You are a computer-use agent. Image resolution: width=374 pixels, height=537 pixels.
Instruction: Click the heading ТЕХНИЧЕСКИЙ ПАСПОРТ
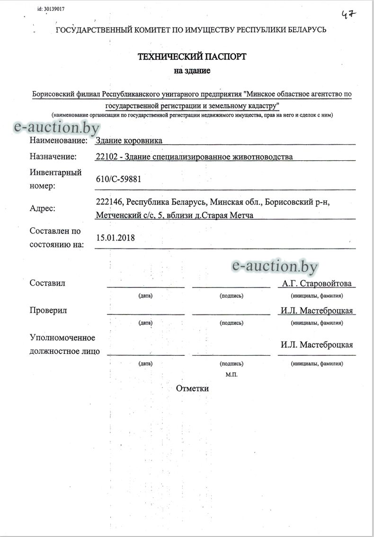192,56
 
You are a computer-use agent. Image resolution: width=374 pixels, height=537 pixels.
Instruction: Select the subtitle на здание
192,71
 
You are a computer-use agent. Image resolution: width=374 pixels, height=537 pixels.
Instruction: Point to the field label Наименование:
58,140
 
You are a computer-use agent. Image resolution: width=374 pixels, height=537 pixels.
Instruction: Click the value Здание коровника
129,140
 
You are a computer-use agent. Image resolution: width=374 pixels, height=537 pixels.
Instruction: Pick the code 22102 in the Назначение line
105,157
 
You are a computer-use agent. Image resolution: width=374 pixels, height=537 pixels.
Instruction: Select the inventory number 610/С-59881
118,179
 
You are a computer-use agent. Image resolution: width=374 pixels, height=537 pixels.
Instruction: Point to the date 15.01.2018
115,238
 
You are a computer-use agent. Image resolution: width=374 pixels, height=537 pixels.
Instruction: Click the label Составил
47,283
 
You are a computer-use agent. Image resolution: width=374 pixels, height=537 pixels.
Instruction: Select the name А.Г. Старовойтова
317,284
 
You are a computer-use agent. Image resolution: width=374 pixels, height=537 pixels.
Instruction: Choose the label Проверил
48,310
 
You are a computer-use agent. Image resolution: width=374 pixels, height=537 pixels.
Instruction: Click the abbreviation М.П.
232,374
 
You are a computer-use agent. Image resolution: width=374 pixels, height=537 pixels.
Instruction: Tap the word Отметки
192,389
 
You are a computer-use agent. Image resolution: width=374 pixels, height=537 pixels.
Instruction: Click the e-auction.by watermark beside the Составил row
275,267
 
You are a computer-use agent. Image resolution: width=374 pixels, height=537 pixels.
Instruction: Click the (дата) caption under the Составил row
145,296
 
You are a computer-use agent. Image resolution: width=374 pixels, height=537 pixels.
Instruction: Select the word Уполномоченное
62,338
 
